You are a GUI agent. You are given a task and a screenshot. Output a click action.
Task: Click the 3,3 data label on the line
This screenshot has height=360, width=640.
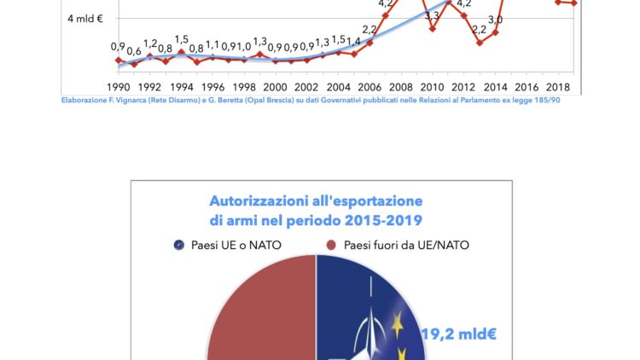pos(432,15)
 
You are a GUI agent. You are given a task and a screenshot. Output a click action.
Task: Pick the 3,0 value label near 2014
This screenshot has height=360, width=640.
pos(495,19)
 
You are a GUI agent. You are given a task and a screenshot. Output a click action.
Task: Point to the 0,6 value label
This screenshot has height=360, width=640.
pos(134,51)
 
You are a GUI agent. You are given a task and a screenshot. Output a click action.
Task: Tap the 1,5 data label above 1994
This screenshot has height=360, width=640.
pos(181,39)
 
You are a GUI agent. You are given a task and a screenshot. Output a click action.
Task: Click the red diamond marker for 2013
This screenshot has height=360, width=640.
pos(480,43)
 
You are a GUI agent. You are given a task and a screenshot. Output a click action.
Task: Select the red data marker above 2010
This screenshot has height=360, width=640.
pos(433,28)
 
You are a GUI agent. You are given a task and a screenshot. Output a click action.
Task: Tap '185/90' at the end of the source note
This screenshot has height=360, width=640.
pos(544,101)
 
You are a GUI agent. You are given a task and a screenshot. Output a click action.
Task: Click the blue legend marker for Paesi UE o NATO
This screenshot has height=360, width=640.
pos(178,246)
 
